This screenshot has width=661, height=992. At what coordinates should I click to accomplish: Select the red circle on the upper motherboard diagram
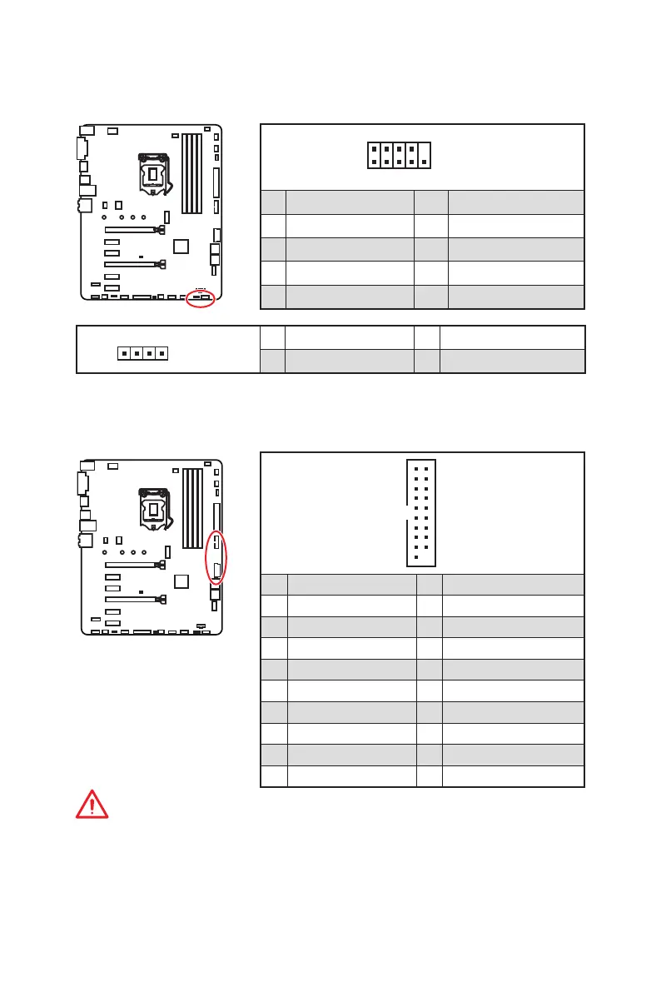[x=201, y=297]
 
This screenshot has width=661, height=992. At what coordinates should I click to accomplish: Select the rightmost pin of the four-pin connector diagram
[x=158, y=354]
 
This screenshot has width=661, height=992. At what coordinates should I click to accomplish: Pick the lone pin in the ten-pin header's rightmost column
[x=425, y=162]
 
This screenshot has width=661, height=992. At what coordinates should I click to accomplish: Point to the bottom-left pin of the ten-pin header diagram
[x=375, y=162]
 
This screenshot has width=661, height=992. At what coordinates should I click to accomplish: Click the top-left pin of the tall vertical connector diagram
[x=415, y=469]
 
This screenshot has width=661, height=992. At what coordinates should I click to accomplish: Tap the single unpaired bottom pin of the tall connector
[x=415, y=558]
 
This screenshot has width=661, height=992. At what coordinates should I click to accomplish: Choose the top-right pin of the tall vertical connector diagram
[x=425, y=469]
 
